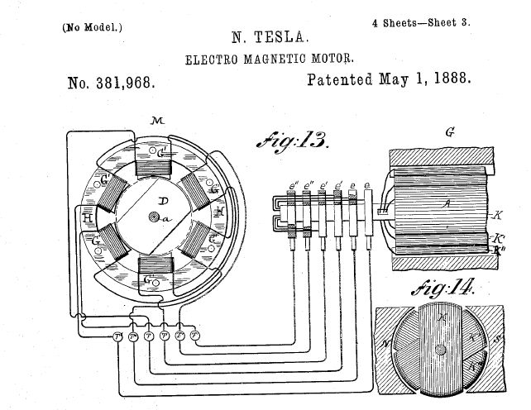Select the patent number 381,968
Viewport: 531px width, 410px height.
click(112, 83)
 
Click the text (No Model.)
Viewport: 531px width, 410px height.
click(92, 26)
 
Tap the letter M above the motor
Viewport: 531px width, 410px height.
click(158, 122)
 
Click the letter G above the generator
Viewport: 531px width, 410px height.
click(448, 131)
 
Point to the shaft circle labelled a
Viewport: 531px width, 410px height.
click(155, 217)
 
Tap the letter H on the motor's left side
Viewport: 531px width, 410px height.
click(88, 217)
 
